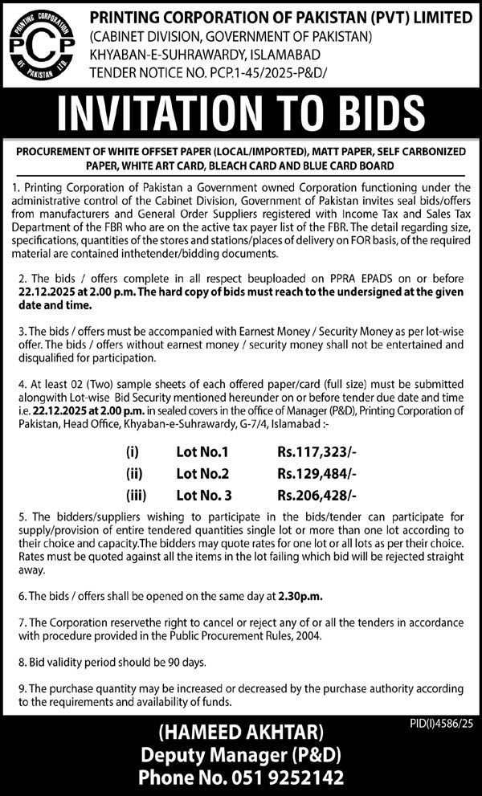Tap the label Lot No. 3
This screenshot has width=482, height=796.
coord(205,496)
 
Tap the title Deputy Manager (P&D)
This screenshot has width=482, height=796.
coord(241,757)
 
